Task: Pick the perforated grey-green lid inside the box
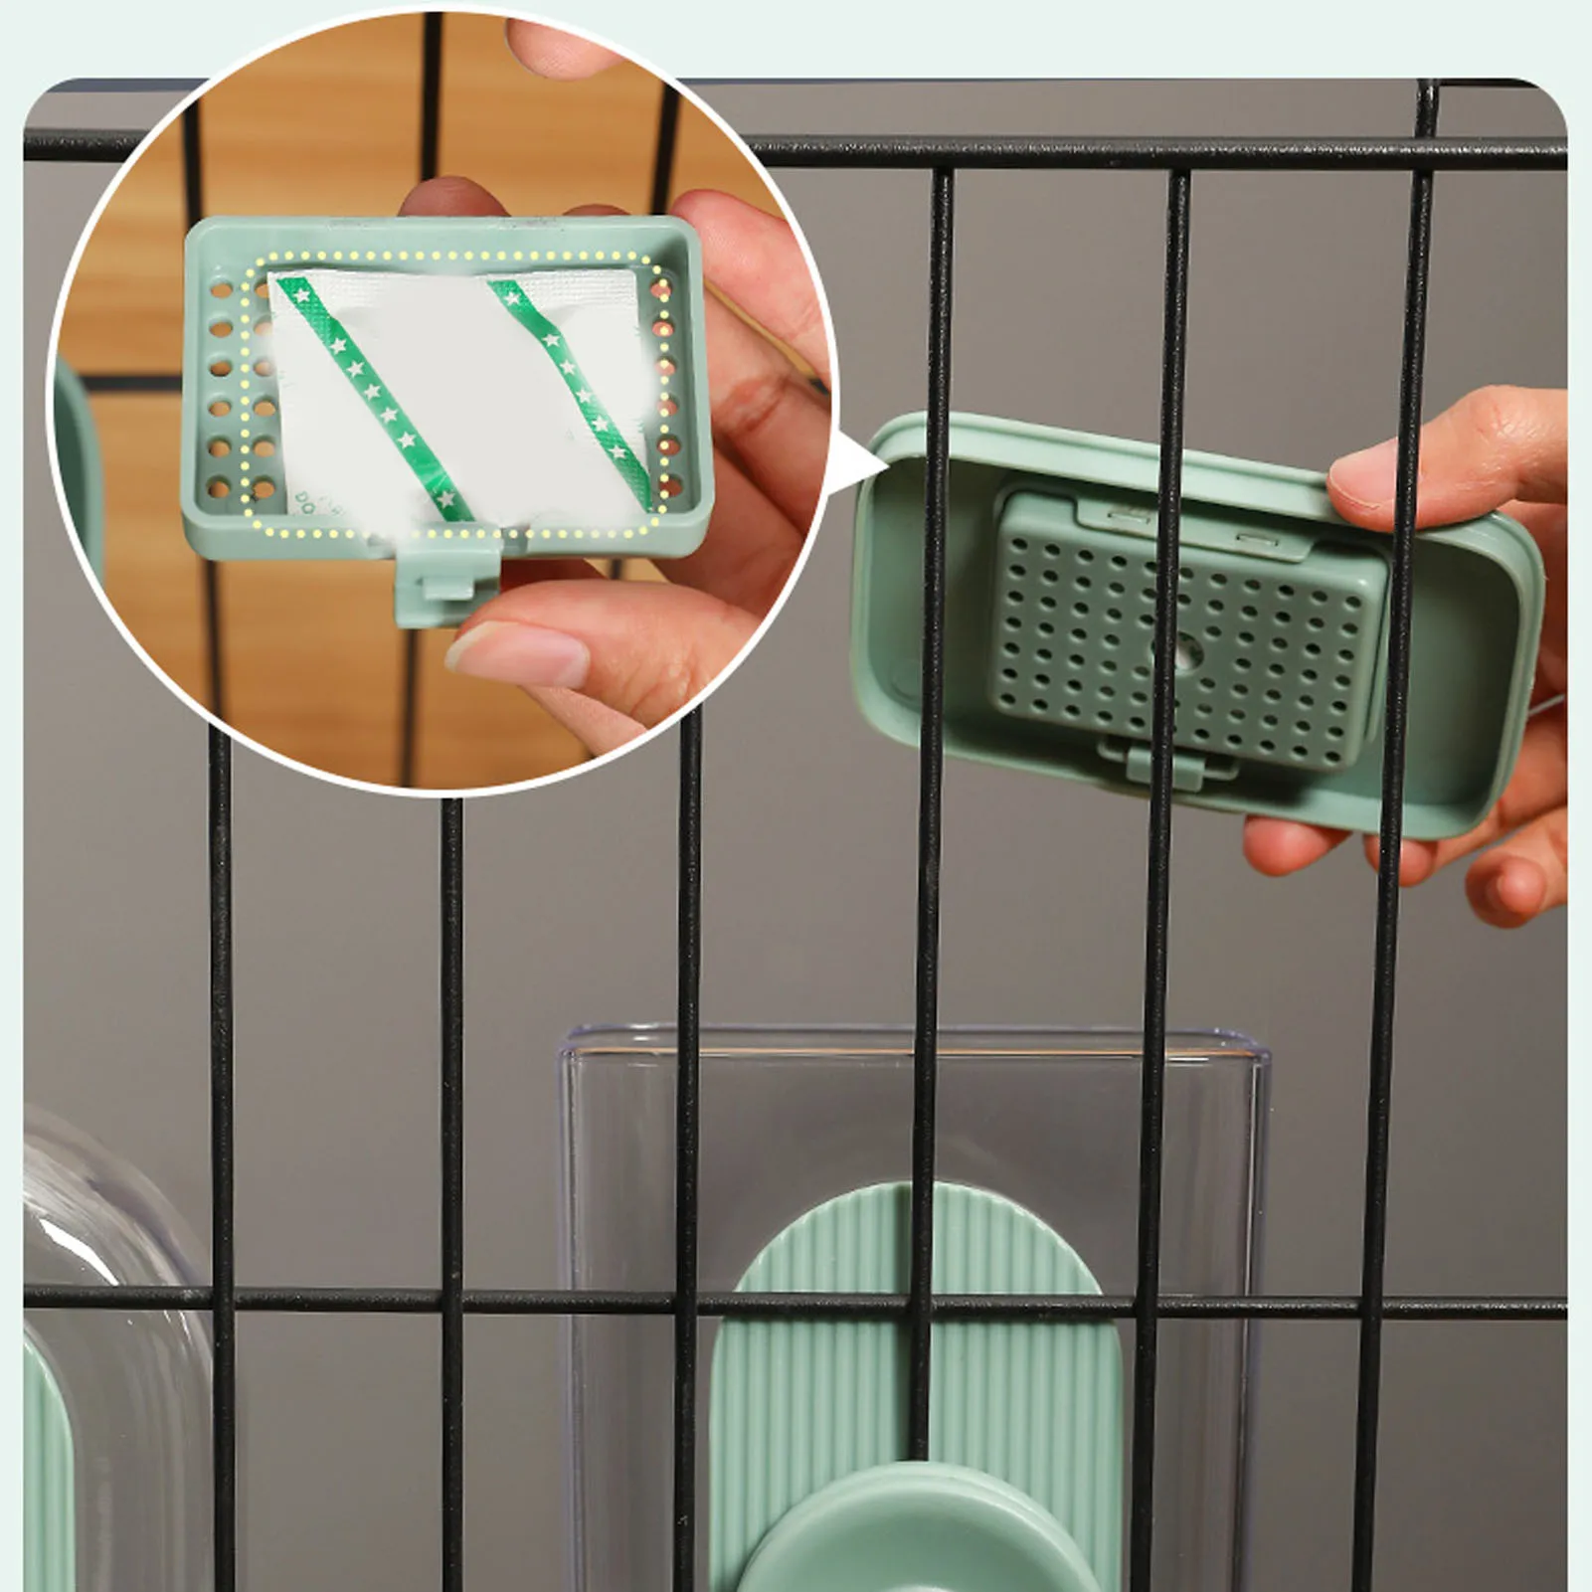(1193, 626)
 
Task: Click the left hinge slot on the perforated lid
(1129, 515)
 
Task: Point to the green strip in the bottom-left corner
(45, 1472)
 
